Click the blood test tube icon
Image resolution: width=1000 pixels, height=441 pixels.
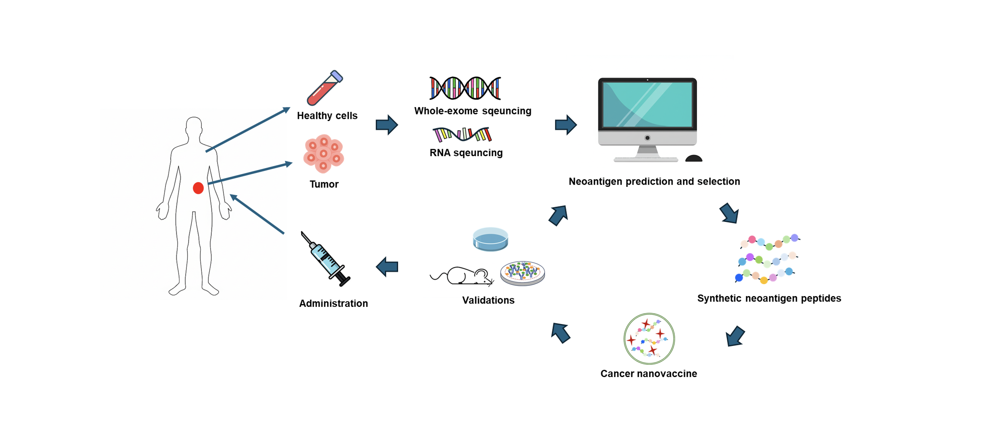325,88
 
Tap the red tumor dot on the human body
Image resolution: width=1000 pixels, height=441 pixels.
198,188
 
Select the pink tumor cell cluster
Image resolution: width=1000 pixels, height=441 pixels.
323,154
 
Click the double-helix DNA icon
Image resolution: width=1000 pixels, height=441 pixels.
465,88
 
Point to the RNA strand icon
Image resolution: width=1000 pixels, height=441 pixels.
462,135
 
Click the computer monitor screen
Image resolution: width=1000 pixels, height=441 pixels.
647,104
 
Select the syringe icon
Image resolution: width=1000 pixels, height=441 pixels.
325,259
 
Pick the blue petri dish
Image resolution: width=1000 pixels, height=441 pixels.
490,239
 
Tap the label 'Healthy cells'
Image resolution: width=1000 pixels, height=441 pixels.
327,116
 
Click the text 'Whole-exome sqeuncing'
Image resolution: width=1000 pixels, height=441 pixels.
473,111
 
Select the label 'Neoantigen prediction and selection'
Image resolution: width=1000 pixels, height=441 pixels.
654,181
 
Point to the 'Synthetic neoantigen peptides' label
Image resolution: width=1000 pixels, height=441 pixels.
769,298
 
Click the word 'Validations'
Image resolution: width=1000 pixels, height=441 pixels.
488,300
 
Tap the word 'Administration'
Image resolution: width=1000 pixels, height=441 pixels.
333,304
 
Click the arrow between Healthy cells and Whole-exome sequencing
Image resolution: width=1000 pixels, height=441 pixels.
387,125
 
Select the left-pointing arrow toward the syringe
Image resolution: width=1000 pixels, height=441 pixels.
387,267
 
